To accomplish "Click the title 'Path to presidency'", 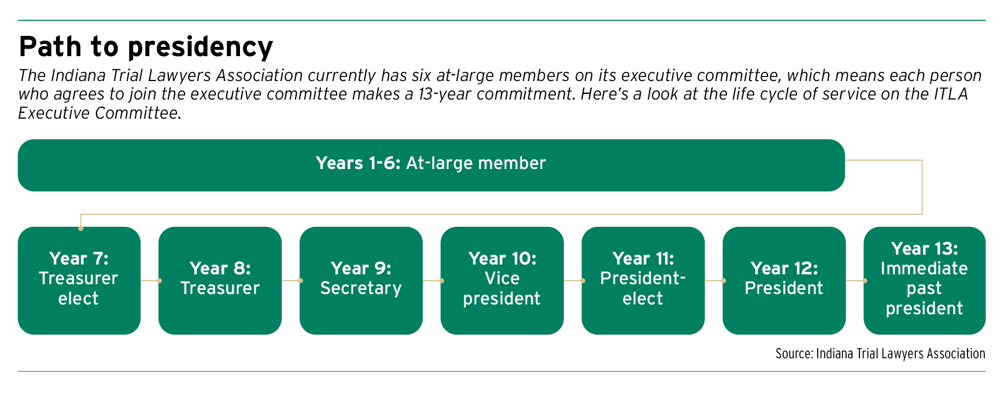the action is point(146,47).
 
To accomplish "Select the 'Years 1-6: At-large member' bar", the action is point(431,165).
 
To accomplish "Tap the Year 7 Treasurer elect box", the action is point(79,281).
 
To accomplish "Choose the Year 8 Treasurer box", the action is point(220,281).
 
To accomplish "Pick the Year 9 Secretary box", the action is point(361,281).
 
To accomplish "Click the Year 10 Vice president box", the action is point(502,281).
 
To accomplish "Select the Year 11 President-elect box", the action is point(643,281).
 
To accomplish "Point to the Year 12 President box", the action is point(784,281).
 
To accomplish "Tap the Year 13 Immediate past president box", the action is point(925,281).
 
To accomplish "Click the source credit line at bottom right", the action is point(880,354).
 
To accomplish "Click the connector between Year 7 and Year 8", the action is point(150,281).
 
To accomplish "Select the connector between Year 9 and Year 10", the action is point(432,281).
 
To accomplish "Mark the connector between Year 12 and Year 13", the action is point(855,281).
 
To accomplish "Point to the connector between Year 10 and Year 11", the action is point(573,281).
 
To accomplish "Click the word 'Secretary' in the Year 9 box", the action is point(361,288).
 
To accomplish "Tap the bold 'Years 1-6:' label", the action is point(358,163).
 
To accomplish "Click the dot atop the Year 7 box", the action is point(81,229).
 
